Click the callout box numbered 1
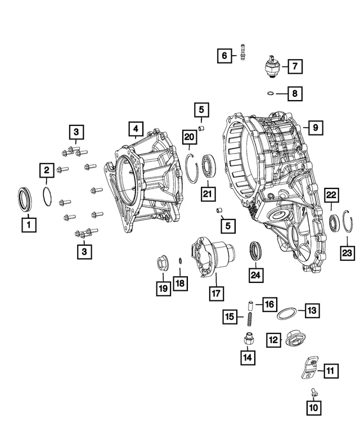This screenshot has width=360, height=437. (29, 224)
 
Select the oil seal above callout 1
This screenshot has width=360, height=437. (25, 199)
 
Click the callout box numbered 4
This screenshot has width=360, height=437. (136, 129)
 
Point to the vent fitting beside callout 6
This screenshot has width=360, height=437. (243, 52)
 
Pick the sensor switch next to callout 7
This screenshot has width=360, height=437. (272, 67)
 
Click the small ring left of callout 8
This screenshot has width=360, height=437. (270, 93)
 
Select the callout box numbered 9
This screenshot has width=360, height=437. (316, 128)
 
